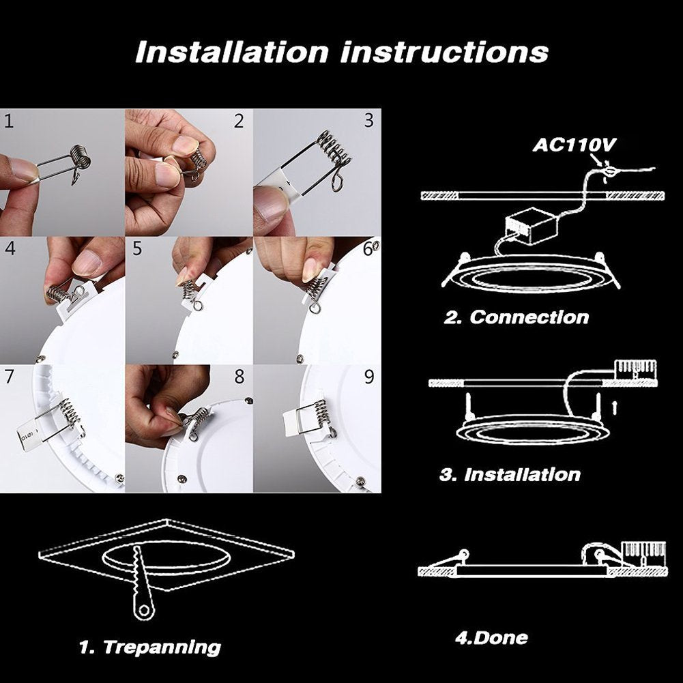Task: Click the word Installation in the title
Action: click(x=232, y=52)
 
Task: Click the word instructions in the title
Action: click(x=445, y=52)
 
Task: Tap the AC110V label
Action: click(x=574, y=145)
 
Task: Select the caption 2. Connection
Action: click(x=516, y=317)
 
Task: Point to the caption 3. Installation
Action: click(x=510, y=474)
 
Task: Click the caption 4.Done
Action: click(x=491, y=638)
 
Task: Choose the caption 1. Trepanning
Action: click(x=150, y=648)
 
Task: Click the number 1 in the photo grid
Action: click(x=8, y=121)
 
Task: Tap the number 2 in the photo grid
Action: click(x=239, y=121)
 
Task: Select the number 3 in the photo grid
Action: click(x=369, y=121)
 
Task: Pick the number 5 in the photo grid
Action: click(x=137, y=249)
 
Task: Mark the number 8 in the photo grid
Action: click(x=239, y=377)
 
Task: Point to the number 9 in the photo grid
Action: click(x=369, y=377)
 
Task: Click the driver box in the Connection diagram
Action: click(x=532, y=226)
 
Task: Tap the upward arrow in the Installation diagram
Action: click(x=614, y=408)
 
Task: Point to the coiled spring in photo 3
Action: click(x=333, y=150)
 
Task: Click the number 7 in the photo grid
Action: click(x=9, y=377)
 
